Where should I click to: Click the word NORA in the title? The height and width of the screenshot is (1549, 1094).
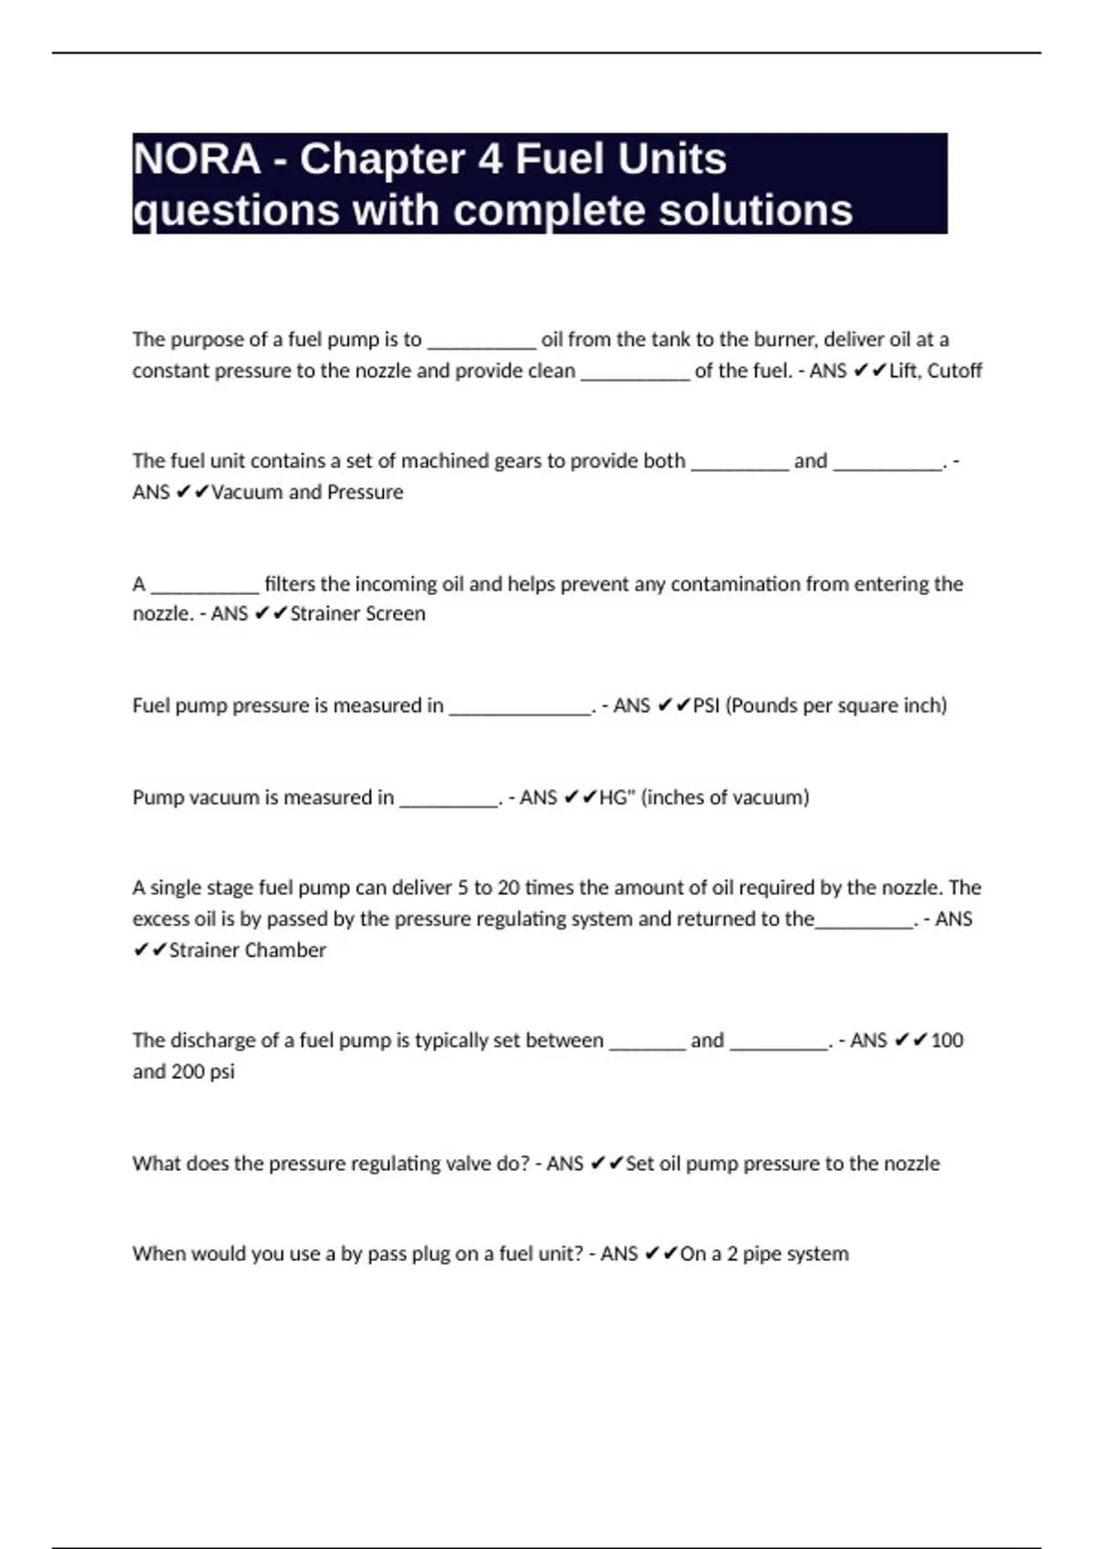coord(197,159)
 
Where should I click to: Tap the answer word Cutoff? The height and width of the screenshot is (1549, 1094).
coord(954,371)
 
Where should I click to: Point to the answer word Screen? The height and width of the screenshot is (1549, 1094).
coord(395,614)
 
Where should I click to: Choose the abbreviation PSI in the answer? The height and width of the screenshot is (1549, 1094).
coord(707,706)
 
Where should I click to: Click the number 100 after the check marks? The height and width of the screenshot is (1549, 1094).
coord(947,1041)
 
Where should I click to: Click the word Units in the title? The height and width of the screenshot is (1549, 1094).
coord(671,159)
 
